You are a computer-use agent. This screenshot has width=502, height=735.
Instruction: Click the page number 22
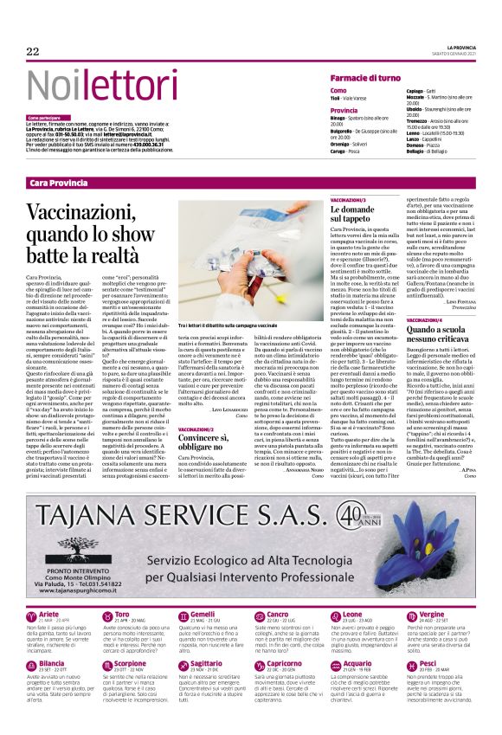33,52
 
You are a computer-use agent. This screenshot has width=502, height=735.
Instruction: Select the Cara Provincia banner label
58,183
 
